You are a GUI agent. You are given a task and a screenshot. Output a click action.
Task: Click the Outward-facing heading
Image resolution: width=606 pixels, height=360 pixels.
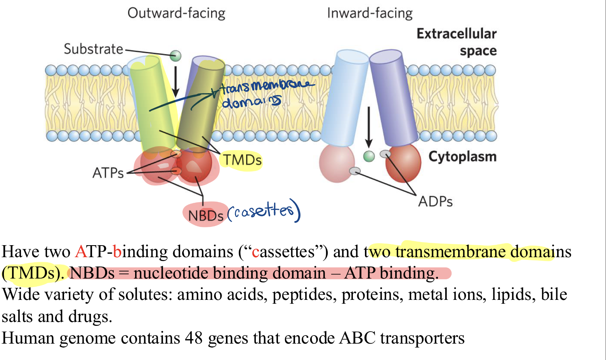[x=176, y=13]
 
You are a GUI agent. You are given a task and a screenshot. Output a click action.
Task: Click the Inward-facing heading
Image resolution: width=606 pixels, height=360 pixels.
[x=370, y=13]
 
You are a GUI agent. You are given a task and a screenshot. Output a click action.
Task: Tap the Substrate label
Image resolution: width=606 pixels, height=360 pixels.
[x=93, y=49]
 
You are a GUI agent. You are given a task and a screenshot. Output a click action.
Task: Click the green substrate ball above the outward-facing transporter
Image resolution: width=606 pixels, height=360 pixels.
[x=175, y=56]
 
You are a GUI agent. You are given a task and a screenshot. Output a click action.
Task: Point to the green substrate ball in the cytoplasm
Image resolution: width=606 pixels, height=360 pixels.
[x=369, y=156]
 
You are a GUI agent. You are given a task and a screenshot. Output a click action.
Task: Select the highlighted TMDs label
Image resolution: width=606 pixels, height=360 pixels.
[x=242, y=160]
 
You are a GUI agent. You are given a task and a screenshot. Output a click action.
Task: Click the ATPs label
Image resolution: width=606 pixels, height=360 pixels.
[x=108, y=173]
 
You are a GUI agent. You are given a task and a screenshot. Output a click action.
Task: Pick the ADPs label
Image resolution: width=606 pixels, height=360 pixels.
[x=435, y=202]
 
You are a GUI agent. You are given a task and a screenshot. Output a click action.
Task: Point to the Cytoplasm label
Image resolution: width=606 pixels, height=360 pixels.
[x=462, y=157]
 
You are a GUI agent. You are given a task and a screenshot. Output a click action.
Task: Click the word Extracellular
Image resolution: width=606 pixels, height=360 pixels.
[x=457, y=34]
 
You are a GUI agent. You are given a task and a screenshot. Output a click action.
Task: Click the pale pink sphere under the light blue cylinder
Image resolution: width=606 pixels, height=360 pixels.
[x=336, y=163]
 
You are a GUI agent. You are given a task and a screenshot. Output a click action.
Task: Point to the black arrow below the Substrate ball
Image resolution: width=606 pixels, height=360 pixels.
[x=175, y=81]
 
